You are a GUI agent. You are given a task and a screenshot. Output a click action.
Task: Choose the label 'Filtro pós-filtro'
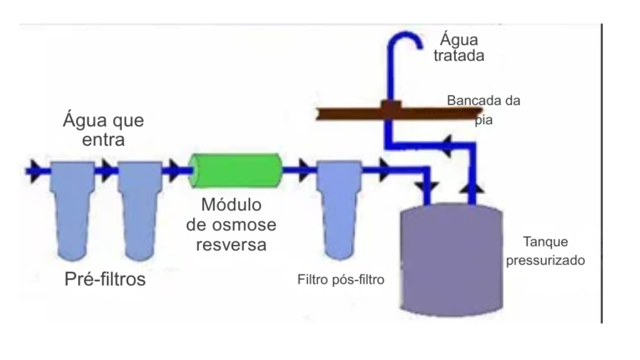(x=340, y=279)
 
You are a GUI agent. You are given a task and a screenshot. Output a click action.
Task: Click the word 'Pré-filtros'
(x=105, y=279)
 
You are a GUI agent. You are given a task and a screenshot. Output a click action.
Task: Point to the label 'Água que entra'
(x=103, y=129)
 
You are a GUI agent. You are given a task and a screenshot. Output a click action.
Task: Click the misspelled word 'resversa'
(x=231, y=244)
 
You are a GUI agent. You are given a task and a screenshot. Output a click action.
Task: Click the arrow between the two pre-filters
(x=105, y=169)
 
